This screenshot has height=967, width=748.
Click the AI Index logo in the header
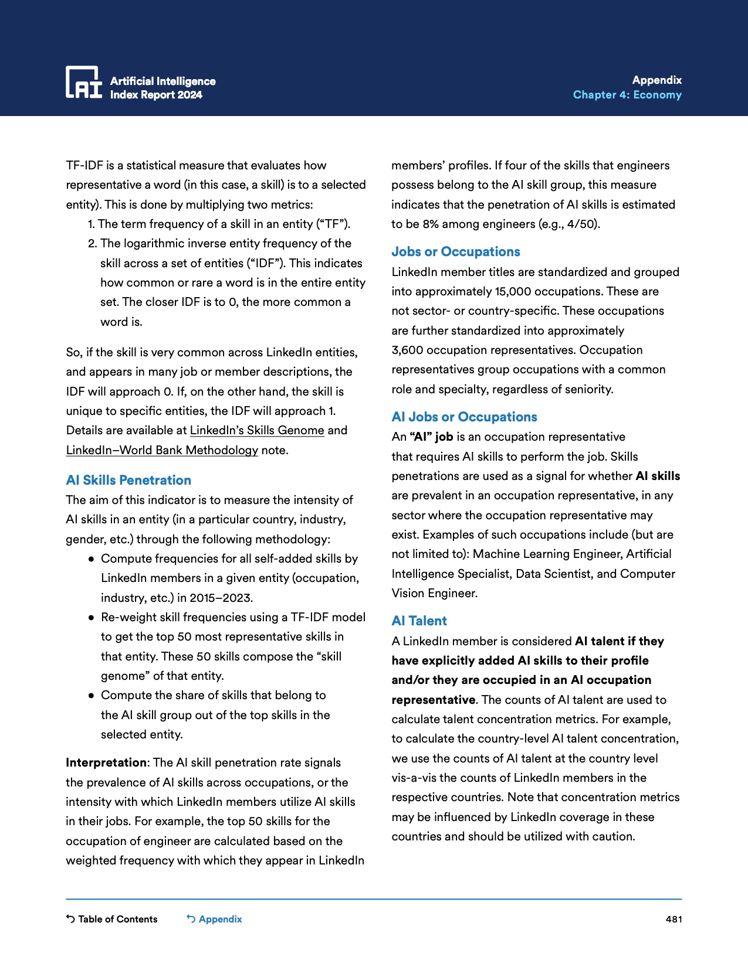click(x=83, y=82)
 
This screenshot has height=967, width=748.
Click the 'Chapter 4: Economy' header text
click(x=627, y=95)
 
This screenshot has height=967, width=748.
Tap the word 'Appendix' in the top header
click(x=656, y=80)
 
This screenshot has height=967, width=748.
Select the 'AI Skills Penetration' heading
click(x=128, y=480)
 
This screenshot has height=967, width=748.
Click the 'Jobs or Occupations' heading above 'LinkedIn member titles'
click(x=456, y=251)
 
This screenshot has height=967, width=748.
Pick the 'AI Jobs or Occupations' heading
click(x=464, y=417)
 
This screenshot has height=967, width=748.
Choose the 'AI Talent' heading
click(x=419, y=621)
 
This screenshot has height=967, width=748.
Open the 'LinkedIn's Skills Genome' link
click(x=257, y=430)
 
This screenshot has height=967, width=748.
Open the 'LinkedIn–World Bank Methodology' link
click(x=162, y=450)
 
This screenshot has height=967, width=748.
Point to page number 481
click(x=673, y=919)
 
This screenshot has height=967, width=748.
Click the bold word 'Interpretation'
click(x=106, y=762)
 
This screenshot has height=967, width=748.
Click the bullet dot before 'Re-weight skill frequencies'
click(x=92, y=618)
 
